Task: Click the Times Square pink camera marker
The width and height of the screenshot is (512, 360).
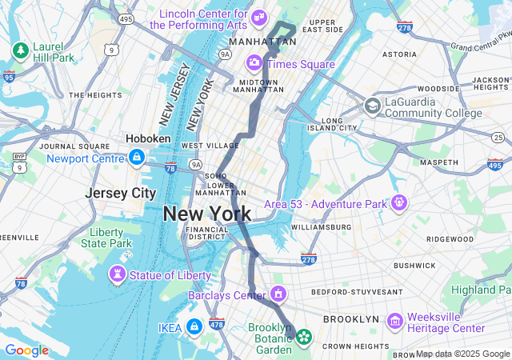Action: coord(254,62)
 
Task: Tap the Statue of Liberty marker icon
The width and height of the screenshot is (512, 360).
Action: coord(118,275)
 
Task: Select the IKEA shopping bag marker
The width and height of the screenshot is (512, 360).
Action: coord(194,326)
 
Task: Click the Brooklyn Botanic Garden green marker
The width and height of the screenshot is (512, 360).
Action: coord(303,338)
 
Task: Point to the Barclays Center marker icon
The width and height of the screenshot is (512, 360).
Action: coord(278,295)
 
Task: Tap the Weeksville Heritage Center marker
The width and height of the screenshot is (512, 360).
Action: coord(394,321)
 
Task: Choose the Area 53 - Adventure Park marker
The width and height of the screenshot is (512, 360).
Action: coord(399,202)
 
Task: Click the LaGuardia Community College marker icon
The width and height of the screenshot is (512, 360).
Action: coord(372,106)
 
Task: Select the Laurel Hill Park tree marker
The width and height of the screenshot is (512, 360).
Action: coord(20,51)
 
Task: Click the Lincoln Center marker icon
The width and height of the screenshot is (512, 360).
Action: coord(258,17)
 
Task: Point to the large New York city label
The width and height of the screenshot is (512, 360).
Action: coord(206,214)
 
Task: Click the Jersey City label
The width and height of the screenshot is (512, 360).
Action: coord(121,194)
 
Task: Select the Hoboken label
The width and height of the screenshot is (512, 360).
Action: coord(148,138)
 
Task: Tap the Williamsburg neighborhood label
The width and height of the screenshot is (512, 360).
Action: coord(321,227)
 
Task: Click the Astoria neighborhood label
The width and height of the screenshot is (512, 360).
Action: coord(399,54)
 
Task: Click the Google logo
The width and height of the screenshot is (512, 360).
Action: coord(26,350)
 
